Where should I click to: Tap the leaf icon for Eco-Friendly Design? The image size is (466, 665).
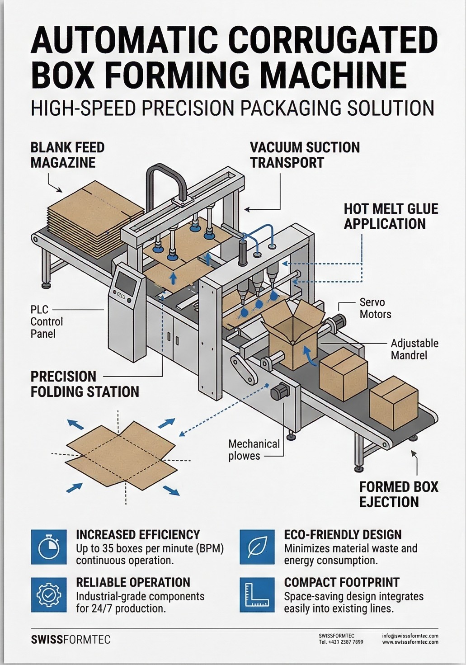[x=257, y=547]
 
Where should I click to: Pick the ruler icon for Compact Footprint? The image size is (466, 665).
[x=257, y=595]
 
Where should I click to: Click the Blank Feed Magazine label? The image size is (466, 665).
[x=67, y=155]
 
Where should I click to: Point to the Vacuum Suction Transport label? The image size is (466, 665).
[x=305, y=155]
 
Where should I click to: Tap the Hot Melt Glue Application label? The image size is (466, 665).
[x=391, y=216]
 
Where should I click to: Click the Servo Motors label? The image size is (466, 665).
[x=375, y=308]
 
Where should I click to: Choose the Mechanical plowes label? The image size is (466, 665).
[x=254, y=450]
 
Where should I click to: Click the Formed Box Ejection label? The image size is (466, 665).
[x=398, y=494]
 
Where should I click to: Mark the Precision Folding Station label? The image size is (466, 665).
[x=85, y=384]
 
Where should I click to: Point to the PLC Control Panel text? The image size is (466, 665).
[x=47, y=322]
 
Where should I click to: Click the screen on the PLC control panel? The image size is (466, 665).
[x=126, y=283]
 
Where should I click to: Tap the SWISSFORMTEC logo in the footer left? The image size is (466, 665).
[x=71, y=640]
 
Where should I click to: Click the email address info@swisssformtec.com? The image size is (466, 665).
[x=410, y=636]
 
